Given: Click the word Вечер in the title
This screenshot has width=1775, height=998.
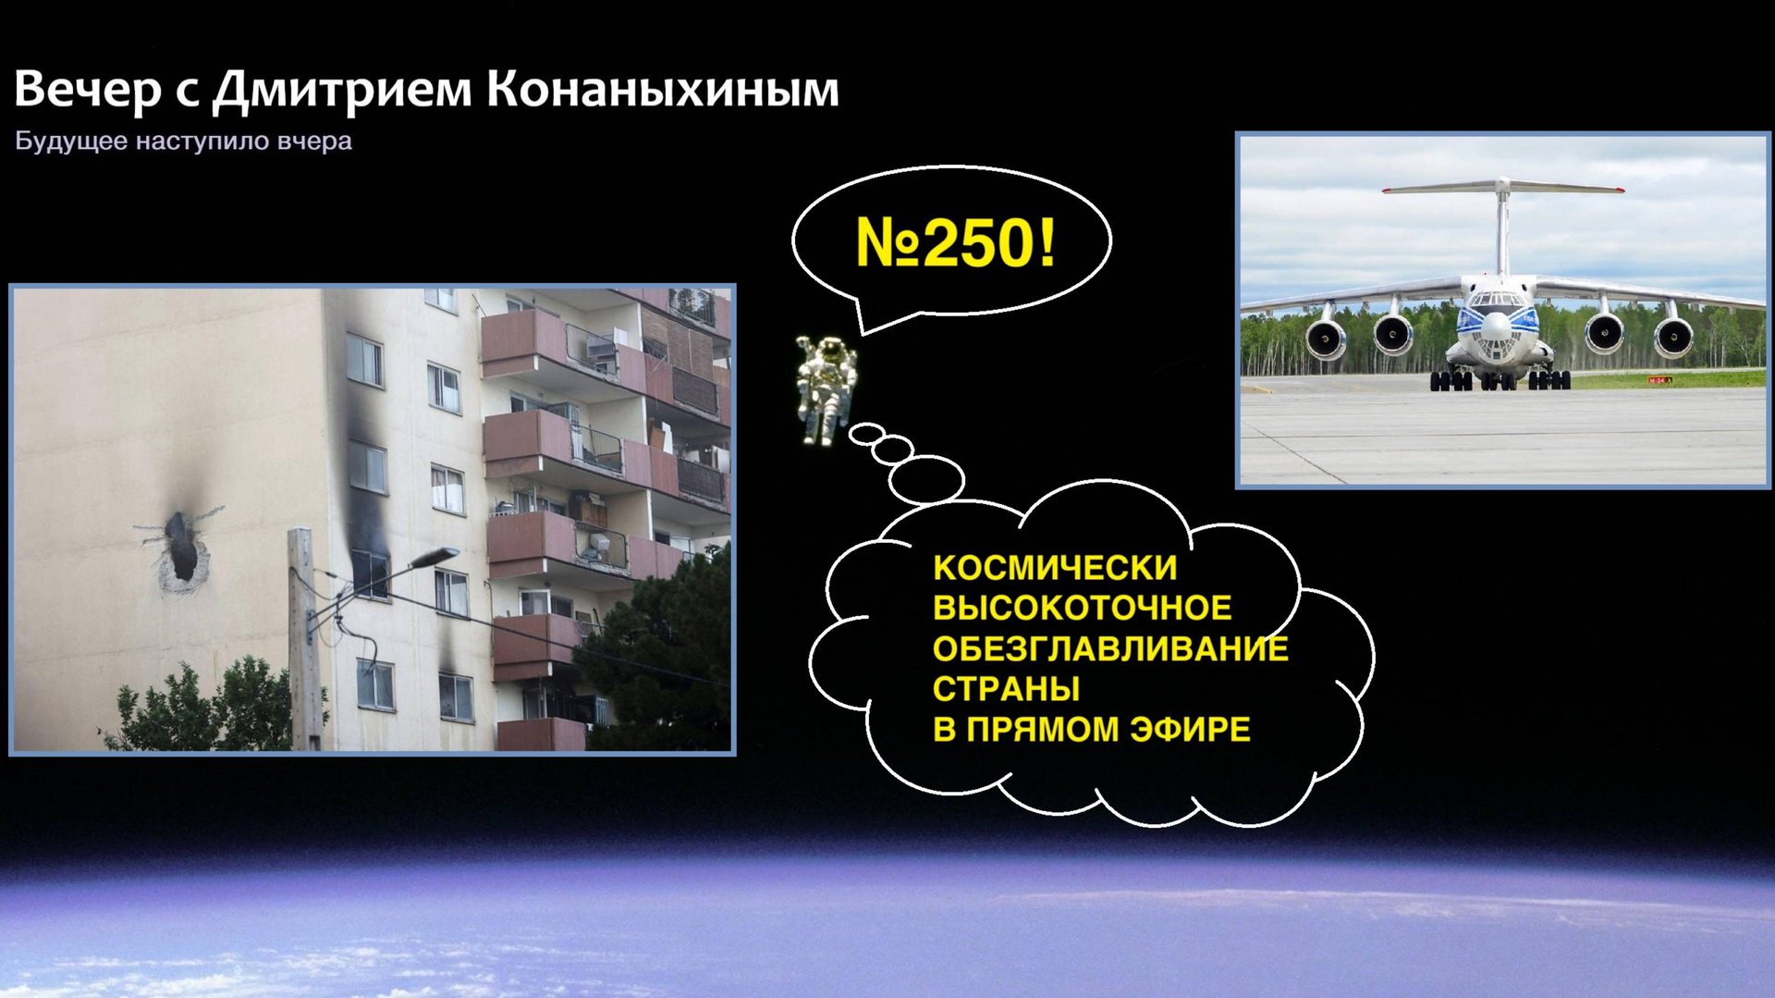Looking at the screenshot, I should (x=88, y=90).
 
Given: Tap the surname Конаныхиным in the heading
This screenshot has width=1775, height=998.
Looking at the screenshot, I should (x=663, y=90).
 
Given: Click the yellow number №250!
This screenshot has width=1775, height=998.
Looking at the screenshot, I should (x=955, y=243).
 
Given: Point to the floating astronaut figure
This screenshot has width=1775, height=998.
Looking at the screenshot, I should (x=826, y=388).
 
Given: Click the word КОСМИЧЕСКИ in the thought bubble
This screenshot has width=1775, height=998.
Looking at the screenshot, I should (x=1054, y=567).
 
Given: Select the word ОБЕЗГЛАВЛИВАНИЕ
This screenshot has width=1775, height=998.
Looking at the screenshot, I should (x=1109, y=648).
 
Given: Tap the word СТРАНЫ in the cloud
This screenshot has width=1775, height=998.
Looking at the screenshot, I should (x=1006, y=689).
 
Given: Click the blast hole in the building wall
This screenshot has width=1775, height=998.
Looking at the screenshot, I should (x=181, y=548).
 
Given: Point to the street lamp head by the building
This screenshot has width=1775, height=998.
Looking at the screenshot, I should (x=435, y=557).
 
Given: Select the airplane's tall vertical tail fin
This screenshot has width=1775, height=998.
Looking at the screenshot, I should (x=1503, y=227).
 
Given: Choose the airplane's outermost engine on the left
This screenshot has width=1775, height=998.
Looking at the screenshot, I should (x=1326, y=339).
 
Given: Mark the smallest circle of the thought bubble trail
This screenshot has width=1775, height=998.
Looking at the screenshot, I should (x=867, y=433).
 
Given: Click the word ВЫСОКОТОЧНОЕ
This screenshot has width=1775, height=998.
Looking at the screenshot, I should (x=1082, y=608).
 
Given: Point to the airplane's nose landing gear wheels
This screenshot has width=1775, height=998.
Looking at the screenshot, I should (x=1498, y=380).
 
